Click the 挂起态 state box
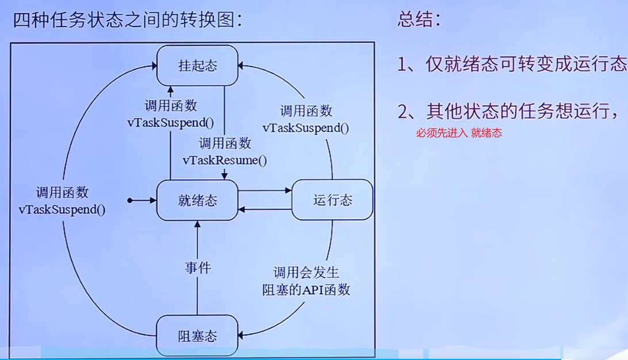coord(198,65)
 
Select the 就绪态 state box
coord(198,200)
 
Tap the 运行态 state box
coord(332,200)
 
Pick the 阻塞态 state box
coord(198,335)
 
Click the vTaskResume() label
coord(225,160)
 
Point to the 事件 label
coord(198,267)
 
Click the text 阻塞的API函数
coord(306,289)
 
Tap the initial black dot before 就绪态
coord(131,200)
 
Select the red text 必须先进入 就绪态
coord(459,133)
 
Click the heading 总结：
coord(419,20)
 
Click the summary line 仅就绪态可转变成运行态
coord(512,64)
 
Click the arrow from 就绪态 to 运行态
coord(265,190)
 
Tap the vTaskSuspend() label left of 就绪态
coord(62,209)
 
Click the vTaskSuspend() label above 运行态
coord(306,128)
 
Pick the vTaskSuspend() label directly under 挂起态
coord(170,122)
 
